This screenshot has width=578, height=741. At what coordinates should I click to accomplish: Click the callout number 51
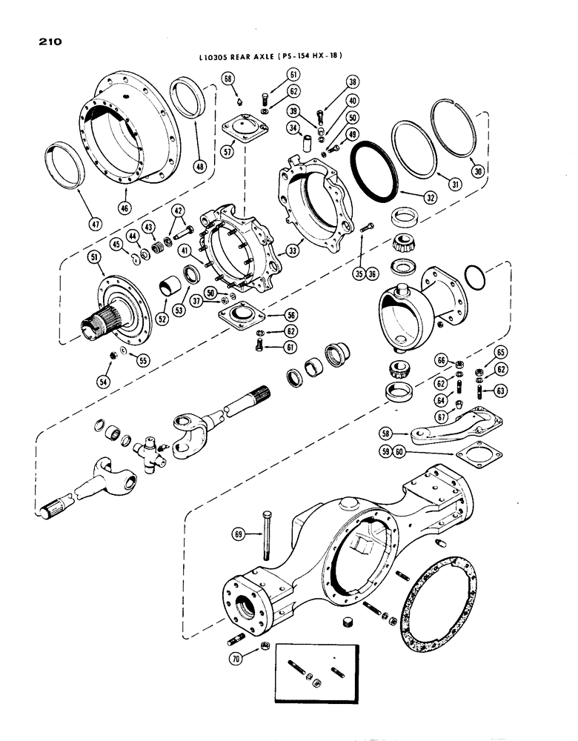coord(94,257)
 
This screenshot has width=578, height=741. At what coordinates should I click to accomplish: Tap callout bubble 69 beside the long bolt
coord(239,533)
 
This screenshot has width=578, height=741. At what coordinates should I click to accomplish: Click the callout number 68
coord(227,79)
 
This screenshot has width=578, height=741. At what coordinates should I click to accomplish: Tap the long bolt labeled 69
coord(264,533)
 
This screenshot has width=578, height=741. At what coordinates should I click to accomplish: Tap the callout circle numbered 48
coord(198,167)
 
